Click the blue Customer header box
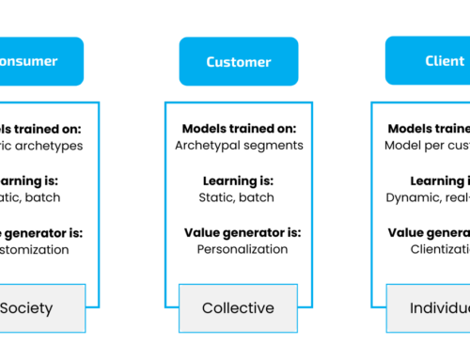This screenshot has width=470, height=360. pyautogui.click(x=239, y=61)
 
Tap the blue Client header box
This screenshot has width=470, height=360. pyautogui.click(x=429, y=61)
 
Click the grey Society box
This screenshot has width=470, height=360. pyautogui.click(x=39, y=307)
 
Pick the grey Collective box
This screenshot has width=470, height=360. pyautogui.click(x=239, y=307)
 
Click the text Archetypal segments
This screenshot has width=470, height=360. pyautogui.click(x=239, y=146)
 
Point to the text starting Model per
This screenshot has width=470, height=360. pyautogui.click(x=428, y=146)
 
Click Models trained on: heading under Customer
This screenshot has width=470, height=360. pyautogui.click(x=239, y=129)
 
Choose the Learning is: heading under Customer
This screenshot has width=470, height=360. pyautogui.click(x=239, y=180)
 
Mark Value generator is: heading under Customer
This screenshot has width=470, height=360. pyautogui.click(x=239, y=232)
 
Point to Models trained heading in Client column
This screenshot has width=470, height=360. pyautogui.click(x=429, y=129)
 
